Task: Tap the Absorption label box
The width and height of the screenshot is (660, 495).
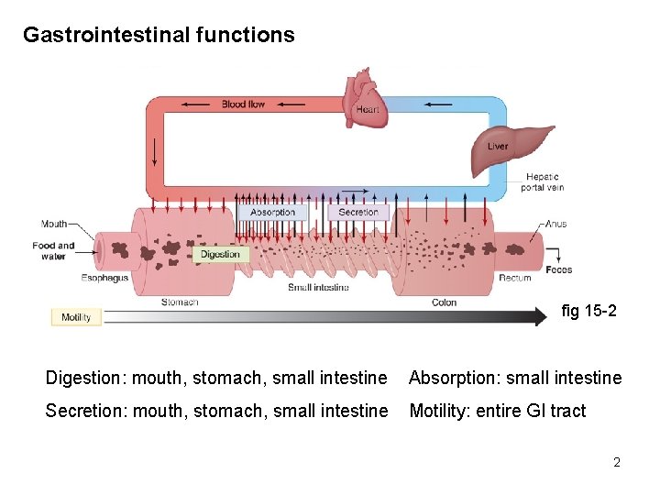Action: click(x=273, y=212)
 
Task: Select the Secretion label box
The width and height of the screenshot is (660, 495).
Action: click(x=358, y=212)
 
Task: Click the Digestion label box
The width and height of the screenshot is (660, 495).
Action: click(x=220, y=254)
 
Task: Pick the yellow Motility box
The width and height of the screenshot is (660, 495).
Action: click(x=76, y=317)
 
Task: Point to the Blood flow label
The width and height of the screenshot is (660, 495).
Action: click(x=243, y=104)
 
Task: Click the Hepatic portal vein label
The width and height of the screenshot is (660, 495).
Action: click(x=543, y=181)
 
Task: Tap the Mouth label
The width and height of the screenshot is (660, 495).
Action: click(x=54, y=224)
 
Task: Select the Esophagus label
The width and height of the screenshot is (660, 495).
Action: click(x=104, y=278)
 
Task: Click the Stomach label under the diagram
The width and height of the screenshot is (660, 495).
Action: click(x=180, y=302)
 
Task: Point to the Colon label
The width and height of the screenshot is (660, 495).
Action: click(x=444, y=302)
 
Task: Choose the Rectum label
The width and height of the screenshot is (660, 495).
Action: click(x=515, y=278)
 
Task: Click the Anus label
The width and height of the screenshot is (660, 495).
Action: click(x=555, y=224)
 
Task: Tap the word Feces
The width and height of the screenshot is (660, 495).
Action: click(x=558, y=269)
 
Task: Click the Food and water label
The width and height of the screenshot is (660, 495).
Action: click(x=53, y=250)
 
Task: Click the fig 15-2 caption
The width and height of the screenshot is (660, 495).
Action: click(x=588, y=312)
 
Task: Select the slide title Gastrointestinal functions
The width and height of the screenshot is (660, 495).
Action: click(x=159, y=35)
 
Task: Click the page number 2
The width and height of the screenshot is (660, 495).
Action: click(x=617, y=462)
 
